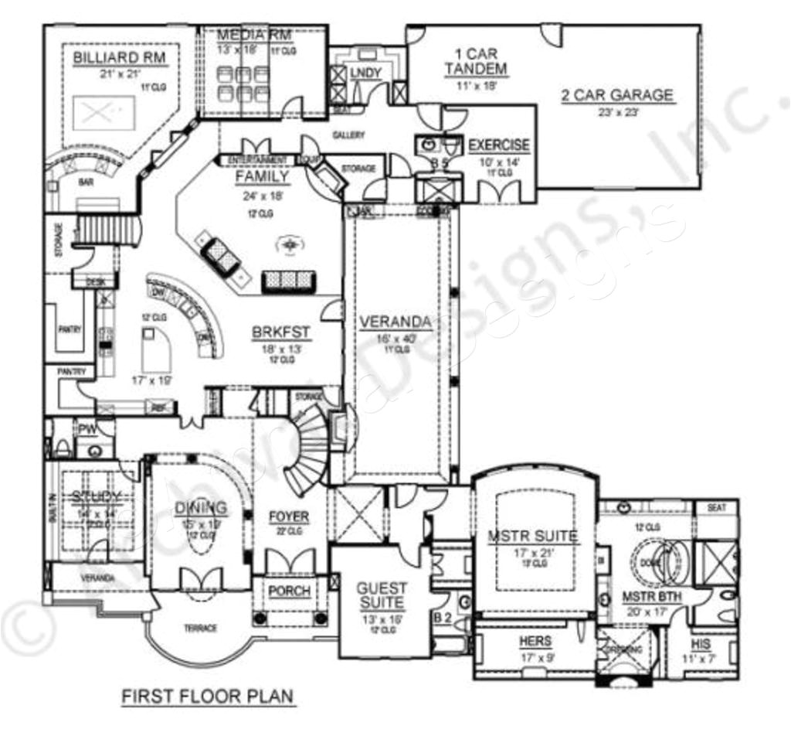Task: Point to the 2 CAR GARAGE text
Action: pyautogui.click(x=617, y=96)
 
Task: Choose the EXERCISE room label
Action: pyautogui.click(x=499, y=145)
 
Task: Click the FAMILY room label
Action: pyautogui.click(x=263, y=177)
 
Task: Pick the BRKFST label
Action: pyautogui.click(x=281, y=333)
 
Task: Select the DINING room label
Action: pyautogui.click(x=201, y=508)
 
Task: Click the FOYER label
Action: pyautogui.click(x=289, y=516)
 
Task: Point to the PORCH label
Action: pyautogui.click(x=290, y=591)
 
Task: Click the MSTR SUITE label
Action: pyautogui.click(x=532, y=535)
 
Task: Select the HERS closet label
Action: pyautogui.click(x=535, y=641)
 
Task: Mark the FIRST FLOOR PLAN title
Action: pyautogui.click(x=208, y=696)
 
